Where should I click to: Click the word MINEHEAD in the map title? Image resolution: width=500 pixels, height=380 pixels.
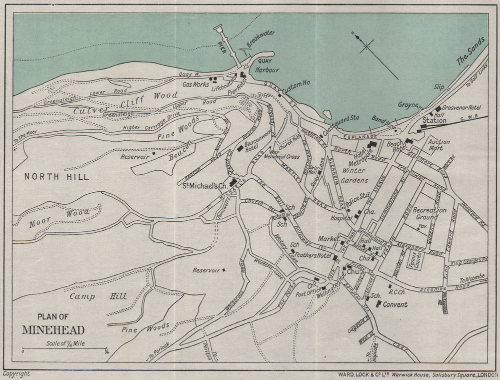pyautogui.click(x=53, y=329)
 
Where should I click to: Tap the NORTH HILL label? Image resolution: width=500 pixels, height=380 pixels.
pyautogui.click(x=56, y=177)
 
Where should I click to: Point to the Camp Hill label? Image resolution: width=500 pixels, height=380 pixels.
pyautogui.click(x=97, y=297)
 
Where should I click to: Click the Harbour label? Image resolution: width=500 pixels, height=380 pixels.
pyautogui.click(x=267, y=71)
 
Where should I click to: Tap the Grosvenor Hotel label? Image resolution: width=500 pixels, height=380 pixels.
pyautogui.click(x=461, y=108)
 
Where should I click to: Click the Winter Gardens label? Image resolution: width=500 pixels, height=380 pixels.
pyautogui.click(x=355, y=175)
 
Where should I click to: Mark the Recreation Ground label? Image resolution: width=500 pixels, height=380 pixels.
pyautogui.click(x=429, y=214)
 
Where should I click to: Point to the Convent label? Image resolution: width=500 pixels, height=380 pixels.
pyautogui.click(x=395, y=304)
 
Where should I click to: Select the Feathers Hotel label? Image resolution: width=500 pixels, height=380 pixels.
pyautogui.click(x=313, y=256)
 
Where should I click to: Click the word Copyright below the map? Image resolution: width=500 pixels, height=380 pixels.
pyautogui.click(x=16, y=373)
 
